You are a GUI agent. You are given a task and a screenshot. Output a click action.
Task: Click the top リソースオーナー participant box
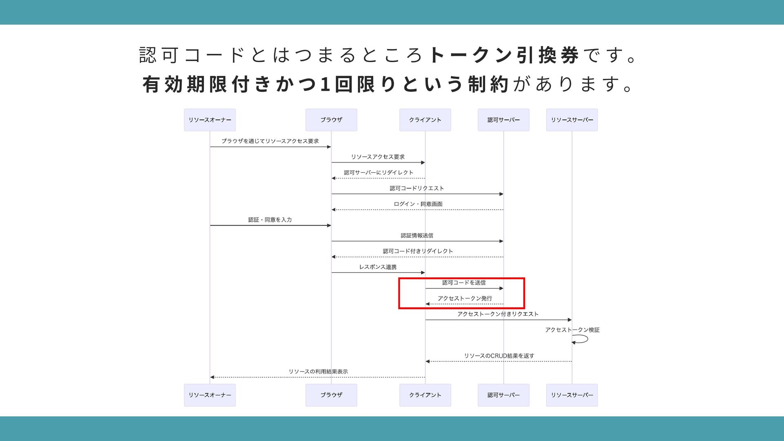tap(209, 120)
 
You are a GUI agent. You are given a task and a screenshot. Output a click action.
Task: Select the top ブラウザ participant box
tap(331, 120)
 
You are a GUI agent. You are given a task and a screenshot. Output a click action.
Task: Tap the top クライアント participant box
tap(425, 120)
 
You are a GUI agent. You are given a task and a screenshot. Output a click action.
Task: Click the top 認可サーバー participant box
tap(503, 120)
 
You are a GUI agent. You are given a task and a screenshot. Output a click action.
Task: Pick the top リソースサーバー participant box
tap(572, 120)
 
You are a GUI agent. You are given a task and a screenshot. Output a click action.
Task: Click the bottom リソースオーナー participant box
tap(209, 395)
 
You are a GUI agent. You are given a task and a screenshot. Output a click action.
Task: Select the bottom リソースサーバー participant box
tap(572, 395)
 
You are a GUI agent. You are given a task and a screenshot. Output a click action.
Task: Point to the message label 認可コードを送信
tap(464, 283)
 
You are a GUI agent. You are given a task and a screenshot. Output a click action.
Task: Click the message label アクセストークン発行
tap(465, 298)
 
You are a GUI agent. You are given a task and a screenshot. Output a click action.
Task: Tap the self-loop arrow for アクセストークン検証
tap(581, 339)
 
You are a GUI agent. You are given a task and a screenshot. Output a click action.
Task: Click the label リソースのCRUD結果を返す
tap(499, 356)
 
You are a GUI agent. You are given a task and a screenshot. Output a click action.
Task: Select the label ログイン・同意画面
tap(418, 204)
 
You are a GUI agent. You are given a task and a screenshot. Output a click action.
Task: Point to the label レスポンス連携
tap(378, 267)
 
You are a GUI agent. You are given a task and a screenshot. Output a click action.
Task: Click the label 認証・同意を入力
tap(270, 220)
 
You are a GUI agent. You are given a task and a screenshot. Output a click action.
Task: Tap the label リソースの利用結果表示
tap(318, 372)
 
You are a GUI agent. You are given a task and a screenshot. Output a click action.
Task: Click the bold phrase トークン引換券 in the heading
tap(504, 55)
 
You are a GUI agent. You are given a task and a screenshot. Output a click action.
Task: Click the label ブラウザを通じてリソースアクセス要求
tap(270, 141)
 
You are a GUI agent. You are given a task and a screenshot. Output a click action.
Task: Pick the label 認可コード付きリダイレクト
tap(418, 251)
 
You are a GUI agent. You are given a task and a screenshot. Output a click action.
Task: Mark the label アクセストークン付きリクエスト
tap(498, 314)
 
